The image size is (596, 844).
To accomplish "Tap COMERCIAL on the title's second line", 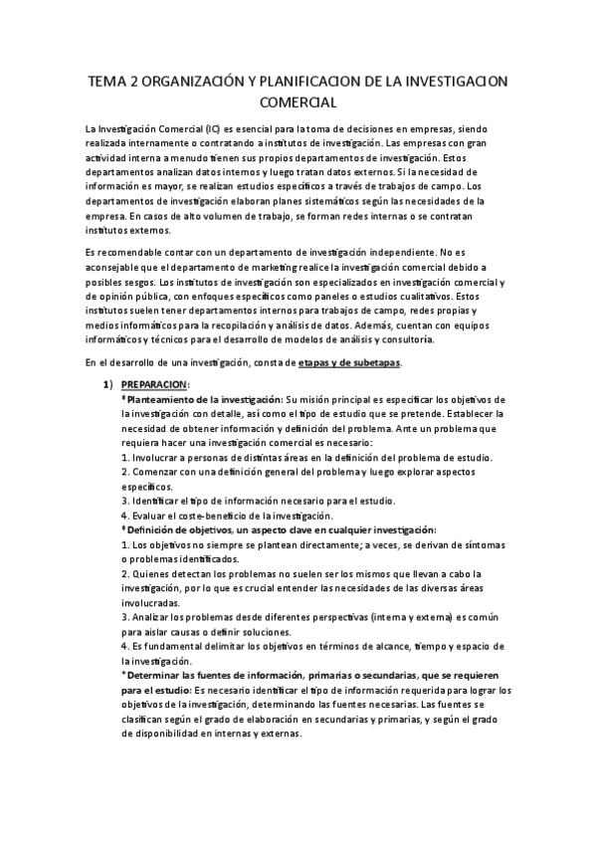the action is (x=298, y=103).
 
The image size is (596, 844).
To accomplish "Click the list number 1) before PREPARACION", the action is (x=112, y=384).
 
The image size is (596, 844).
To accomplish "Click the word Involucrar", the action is (x=160, y=457).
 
